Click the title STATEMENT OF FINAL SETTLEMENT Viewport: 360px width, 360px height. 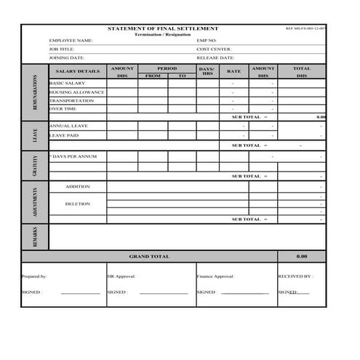tap(162, 28)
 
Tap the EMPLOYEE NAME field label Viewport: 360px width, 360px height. tap(71, 40)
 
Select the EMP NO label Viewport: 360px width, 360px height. tap(207, 40)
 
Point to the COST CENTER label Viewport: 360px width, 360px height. tap(215, 49)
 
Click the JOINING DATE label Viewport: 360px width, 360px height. tap(67, 57)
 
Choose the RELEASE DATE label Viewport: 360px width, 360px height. tap(216, 57)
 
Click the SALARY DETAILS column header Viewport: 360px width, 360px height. tap(77, 71)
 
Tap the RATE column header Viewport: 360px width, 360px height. tap(233, 71)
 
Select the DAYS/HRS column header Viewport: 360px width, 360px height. tap(207, 71)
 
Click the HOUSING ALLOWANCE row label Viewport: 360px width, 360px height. tap(77, 92)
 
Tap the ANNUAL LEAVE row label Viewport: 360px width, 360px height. tap(68, 126)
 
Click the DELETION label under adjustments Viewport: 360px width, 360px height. tap(78, 204)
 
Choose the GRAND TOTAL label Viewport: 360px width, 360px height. tap(149, 257)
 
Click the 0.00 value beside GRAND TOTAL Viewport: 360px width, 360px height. tap(302, 257)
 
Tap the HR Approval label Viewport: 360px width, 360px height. tap(121, 276)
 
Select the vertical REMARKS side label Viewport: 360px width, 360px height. tap(35, 237)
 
